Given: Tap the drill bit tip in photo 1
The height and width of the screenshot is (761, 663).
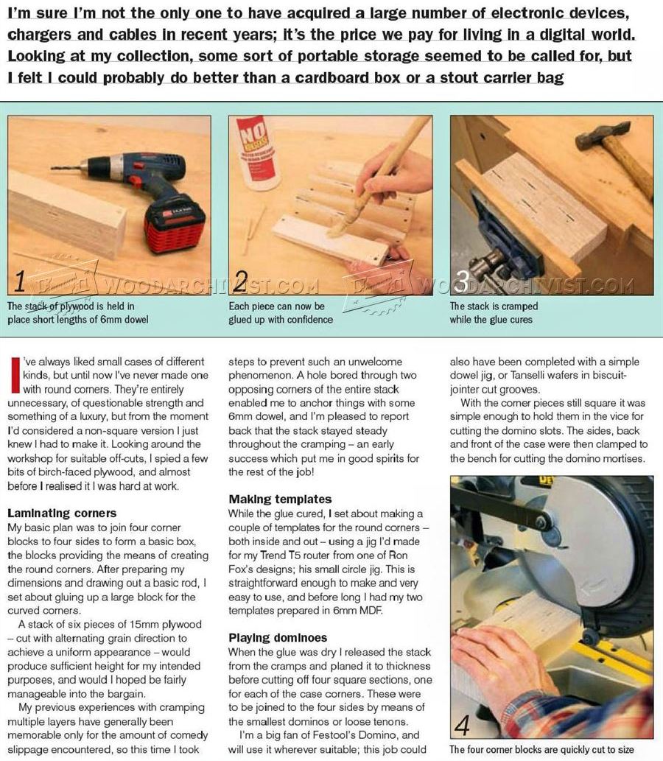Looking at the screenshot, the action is (x=52, y=168).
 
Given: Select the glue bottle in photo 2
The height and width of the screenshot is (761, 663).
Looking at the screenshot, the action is (x=259, y=152).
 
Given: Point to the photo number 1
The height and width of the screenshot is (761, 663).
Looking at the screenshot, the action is (x=20, y=281).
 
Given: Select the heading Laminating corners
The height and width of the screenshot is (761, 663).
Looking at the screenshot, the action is (x=62, y=513).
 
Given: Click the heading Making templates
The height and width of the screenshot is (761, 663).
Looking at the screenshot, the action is (x=280, y=499).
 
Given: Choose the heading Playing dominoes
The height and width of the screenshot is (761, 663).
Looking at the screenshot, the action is (x=278, y=638).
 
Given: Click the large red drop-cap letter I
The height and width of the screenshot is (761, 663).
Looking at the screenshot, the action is (x=16, y=375).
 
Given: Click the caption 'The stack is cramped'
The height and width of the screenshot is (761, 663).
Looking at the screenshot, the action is (x=494, y=306).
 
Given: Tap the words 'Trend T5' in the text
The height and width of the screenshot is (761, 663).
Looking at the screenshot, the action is (x=281, y=555).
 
